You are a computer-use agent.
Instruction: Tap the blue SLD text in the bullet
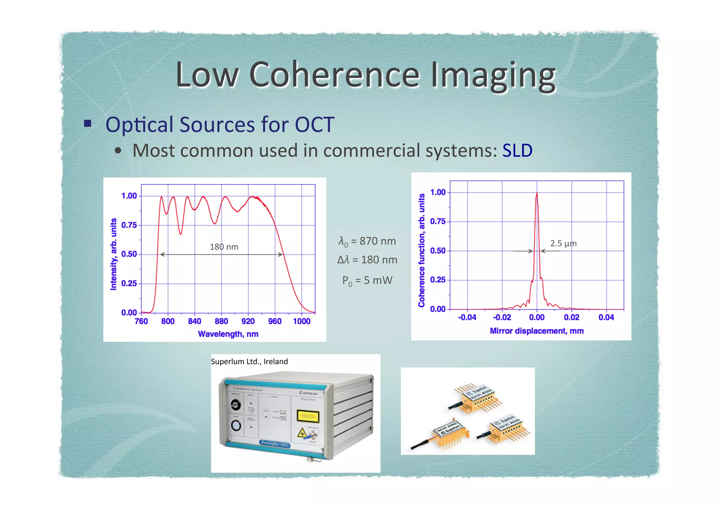point(517,150)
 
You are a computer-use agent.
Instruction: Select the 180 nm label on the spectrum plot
point(224,247)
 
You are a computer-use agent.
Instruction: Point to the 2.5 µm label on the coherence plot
point(563,243)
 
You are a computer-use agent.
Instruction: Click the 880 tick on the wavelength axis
point(221,321)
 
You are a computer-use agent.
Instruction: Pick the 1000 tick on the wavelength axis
point(302,321)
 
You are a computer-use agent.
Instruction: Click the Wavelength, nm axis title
point(228,334)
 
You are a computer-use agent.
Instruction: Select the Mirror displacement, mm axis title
point(536,331)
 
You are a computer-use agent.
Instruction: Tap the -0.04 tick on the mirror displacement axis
point(467,317)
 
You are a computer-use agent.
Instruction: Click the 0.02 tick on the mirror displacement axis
point(571,317)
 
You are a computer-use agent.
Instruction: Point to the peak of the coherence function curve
point(536,194)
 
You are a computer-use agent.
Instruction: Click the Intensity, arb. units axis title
point(114,254)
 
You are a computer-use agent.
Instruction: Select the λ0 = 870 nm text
point(367,241)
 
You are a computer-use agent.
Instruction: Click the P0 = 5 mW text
point(367,281)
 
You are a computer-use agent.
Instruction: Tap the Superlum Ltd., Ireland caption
point(249,361)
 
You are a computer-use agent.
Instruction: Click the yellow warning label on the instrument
point(308,416)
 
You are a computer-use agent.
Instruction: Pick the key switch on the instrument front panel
point(235,405)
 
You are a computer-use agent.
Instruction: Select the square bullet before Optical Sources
point(88,123)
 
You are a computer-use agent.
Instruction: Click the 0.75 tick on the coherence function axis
point(438,221)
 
